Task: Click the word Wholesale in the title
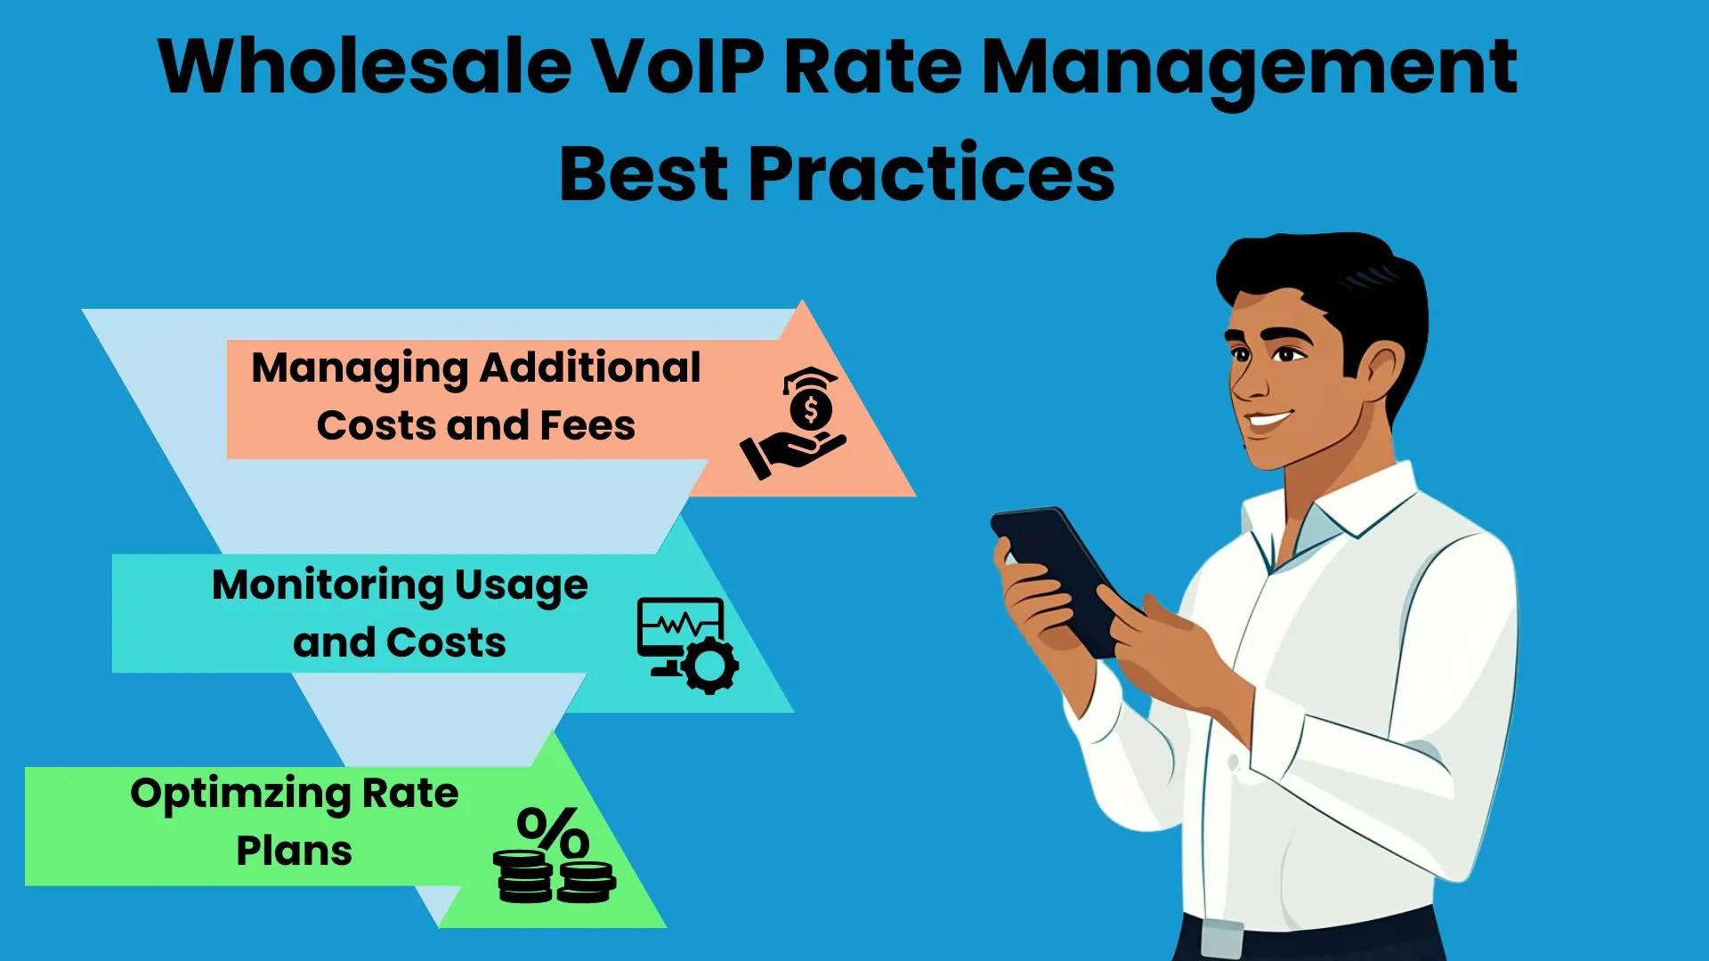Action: (364, 67)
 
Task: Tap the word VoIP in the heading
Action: (677, 67)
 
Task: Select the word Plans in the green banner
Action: (294, 852)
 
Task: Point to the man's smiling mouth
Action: (1268, 420)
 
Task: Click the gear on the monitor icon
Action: (710, 665)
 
